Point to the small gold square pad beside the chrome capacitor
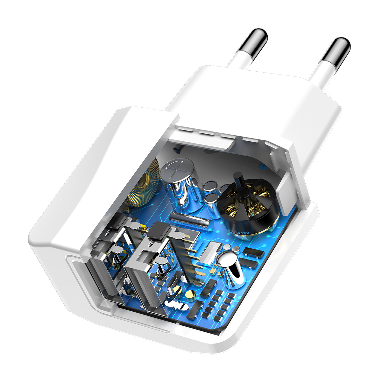[211, 272]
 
